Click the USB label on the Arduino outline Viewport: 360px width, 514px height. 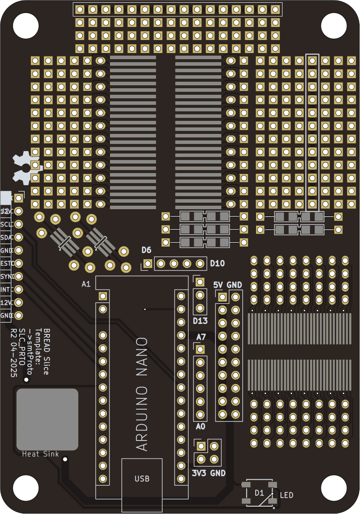pyautogui.click(x=142, y=479)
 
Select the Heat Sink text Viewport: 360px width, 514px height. pyautogui.click(x=40, y=454)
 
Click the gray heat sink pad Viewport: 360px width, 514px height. pyautogui.click(x=47, y=419)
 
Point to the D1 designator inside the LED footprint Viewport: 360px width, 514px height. pyautogui.click(x=259, y=493)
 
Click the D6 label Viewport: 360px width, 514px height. pyautogui.click(x=146, y=250)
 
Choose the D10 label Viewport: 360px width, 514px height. pyautogui.click(x=217, y=264)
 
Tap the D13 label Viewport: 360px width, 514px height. pyautogui.click(x=200, y=321)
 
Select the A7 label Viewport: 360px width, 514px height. pyautogui.click(x=201, y=337)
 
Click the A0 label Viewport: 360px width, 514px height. pyautogui.click(x=200, y=427)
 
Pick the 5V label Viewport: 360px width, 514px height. pyautogui.click(x=218, y=285)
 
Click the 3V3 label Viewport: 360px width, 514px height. pyautogui.click(x=199, y=473)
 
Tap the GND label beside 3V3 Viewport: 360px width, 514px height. pyautogui.click(x=218, y=473)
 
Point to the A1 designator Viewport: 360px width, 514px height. pyautogui.click(x=86, y=284)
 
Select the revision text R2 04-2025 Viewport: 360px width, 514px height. pyautogui.click(x=14, y=353)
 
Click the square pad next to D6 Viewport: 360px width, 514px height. pyautogui.click(x=148, y=263)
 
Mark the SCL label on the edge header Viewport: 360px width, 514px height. pyautogui.click(x=6, y=224)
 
